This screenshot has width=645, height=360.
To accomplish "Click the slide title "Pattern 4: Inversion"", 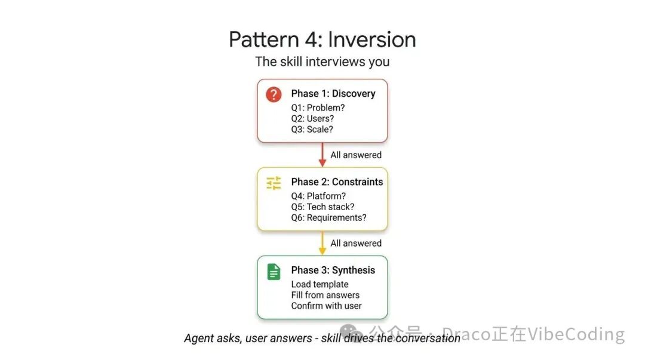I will [322, 39].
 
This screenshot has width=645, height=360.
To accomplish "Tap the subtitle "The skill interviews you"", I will [322, 61].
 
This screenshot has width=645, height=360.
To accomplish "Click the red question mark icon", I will [274, 94].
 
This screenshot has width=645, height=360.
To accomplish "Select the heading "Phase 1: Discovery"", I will [333, 94].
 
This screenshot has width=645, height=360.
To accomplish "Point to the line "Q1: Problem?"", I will [318, 108].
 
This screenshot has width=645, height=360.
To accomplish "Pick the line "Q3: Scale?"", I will [312, 130].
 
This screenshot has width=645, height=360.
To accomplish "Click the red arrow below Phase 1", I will [322, 155].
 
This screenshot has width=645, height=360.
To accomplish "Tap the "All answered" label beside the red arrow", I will [356, 155].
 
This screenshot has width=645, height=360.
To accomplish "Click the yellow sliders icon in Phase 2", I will [274, 183].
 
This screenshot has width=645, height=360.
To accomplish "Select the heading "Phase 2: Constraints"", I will [337, 182].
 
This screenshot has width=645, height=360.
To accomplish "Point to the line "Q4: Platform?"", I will [318, 196].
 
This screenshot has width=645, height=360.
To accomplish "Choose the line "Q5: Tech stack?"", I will [322, 207].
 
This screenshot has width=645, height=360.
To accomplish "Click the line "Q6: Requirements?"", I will [328, 218].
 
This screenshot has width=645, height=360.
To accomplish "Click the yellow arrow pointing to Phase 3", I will [322, 243].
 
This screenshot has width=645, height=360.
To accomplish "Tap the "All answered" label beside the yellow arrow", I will [356, 244].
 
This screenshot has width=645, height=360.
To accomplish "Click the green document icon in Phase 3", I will [274, 272].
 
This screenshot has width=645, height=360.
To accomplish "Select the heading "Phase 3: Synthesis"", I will [333, 270].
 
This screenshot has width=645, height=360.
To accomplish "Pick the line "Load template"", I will [320, 284].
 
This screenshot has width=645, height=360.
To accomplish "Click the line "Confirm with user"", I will [326, 306].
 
